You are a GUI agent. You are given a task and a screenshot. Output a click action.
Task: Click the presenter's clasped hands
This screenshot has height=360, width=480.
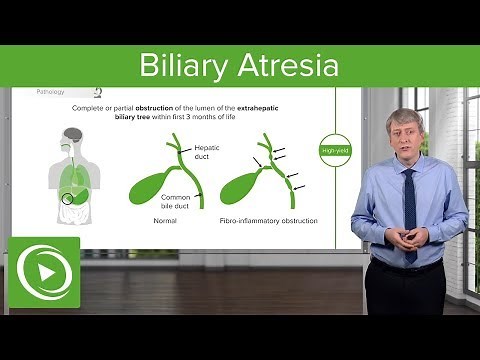coord(411,238)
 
